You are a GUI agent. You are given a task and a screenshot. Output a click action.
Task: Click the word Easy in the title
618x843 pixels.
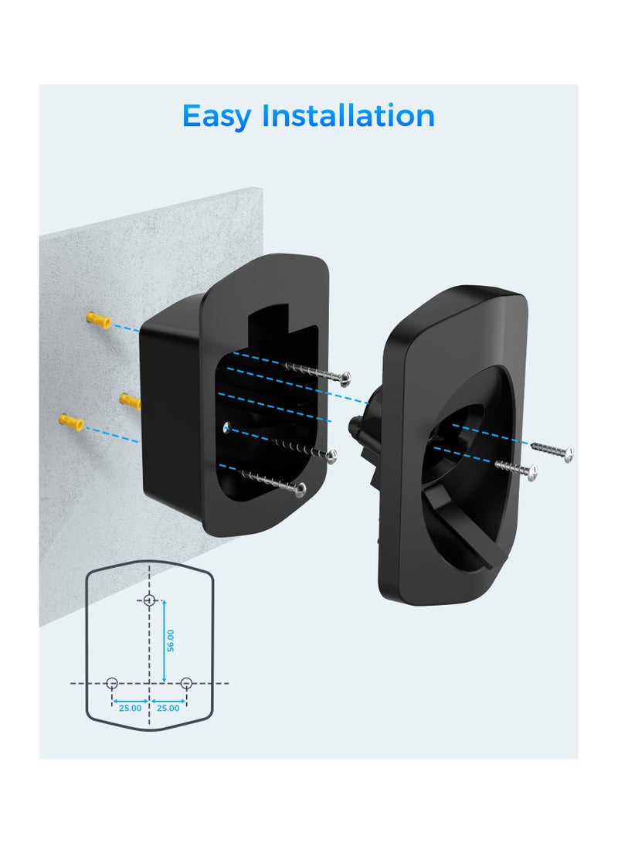(x=217, y=117)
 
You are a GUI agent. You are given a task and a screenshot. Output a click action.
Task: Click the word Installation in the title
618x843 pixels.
(x=348, y=116)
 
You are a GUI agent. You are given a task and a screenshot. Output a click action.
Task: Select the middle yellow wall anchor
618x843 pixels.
(x=129, y=400)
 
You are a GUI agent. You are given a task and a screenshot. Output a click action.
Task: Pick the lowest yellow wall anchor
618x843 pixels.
(x=71, y=422)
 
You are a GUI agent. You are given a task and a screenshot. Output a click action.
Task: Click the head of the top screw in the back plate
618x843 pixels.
(x=345, y=379)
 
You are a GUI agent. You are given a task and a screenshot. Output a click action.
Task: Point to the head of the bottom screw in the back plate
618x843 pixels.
(x=300, y=488)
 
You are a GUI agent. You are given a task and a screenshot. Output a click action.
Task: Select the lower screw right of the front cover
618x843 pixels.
(x=532, y=471)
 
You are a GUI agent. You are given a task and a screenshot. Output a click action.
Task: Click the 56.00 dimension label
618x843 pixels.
(x=171, y=641)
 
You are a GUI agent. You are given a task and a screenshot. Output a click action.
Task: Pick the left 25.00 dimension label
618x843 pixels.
(x=130, y=707)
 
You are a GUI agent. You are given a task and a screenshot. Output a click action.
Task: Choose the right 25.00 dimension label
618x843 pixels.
(x=168, y=707)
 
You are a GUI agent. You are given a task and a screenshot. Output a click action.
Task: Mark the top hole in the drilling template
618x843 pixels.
(x=150, y=600)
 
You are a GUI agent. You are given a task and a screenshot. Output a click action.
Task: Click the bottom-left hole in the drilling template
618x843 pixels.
(x=112, y=683)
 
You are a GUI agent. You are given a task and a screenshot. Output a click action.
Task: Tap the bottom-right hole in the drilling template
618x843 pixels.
(x=186, y=683)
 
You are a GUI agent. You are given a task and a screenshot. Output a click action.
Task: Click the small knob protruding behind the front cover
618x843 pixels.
(x=357, y=425)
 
